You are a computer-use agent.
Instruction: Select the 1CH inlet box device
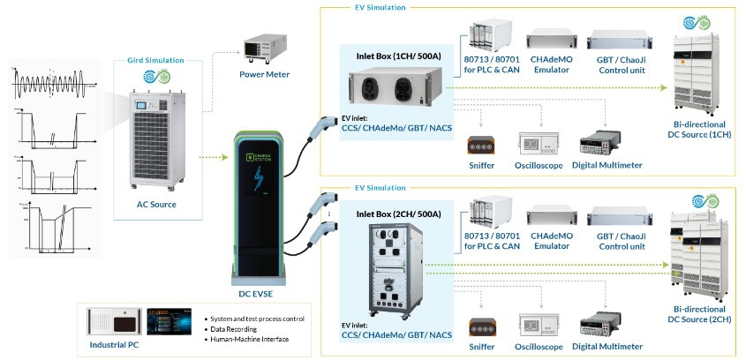coord(396,91)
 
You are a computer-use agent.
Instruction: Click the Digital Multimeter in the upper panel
coord(605,145)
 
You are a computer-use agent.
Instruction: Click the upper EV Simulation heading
coord(375,7)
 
